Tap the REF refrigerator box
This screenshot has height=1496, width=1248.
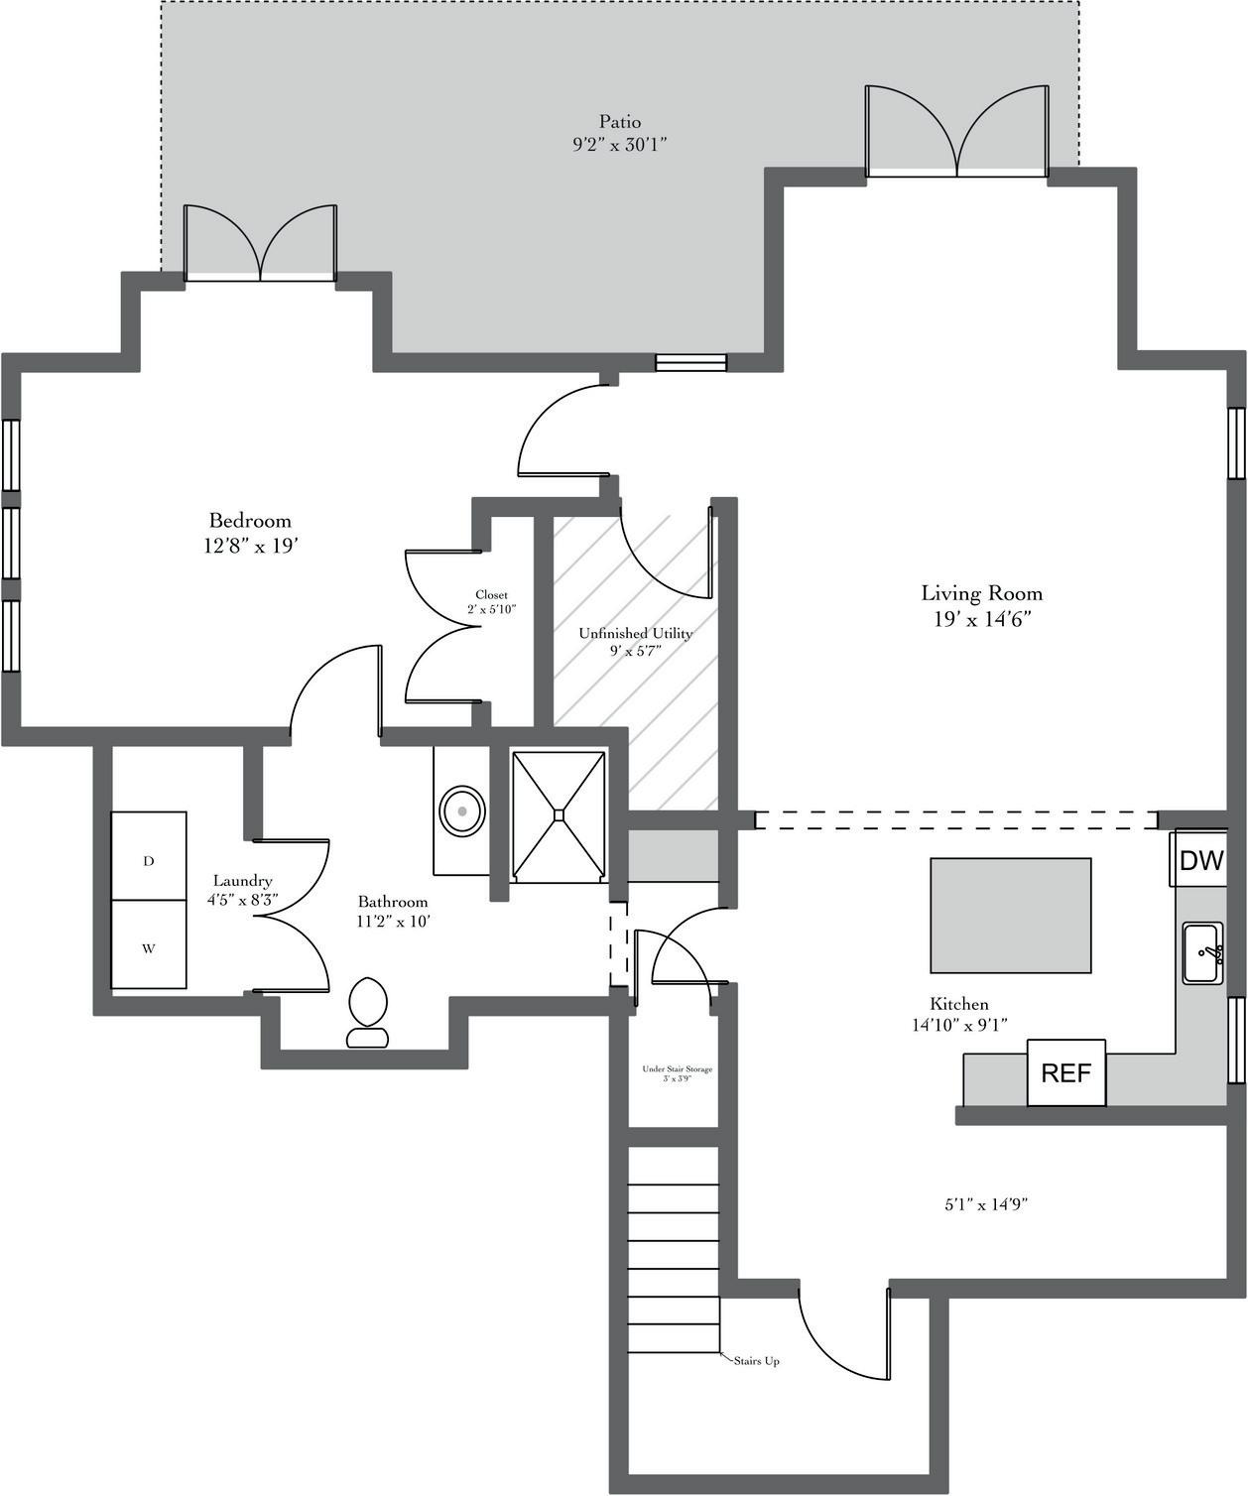pos(1066,1072)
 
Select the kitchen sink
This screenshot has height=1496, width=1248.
pos(1203,953)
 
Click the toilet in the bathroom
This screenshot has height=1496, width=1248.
pos(367,1013)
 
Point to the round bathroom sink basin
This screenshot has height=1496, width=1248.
pos(462,811)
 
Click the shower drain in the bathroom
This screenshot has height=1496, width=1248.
pos(559,813)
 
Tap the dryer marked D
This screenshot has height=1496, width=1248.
pos(149,855)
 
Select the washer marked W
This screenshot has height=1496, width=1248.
pos(149,944)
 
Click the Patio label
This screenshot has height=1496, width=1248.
pos(620,121)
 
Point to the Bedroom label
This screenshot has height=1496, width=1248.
pos(250,520)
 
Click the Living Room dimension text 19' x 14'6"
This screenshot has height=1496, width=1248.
pos(981,619)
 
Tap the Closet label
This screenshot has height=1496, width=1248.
pos(491,594)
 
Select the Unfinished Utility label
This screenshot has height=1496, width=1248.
pos(636,633)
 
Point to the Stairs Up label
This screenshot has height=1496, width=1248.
pos(757,1361)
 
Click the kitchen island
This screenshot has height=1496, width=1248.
pos(1011,915)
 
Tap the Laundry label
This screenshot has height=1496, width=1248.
pos(243,881)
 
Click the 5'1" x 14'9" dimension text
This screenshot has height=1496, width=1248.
pos(986,1204)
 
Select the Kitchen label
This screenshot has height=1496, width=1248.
pos(959,1004)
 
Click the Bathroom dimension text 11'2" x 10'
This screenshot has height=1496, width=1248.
pos(393,922)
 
